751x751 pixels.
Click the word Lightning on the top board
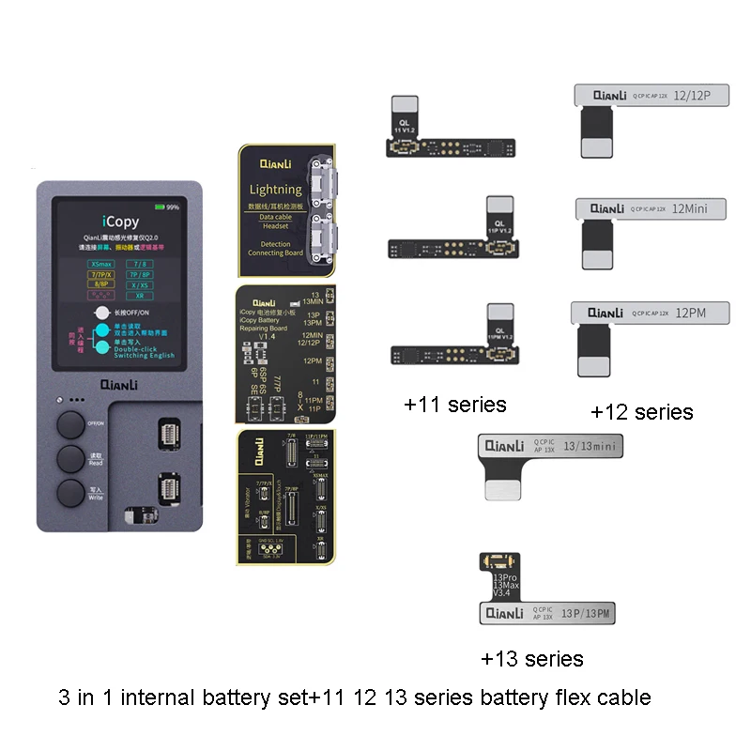point(275,190)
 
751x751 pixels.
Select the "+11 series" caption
point(454,405)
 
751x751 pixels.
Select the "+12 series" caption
point(642,411)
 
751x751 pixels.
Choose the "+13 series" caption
point(531,658)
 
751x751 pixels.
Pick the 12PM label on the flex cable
point(690,313)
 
